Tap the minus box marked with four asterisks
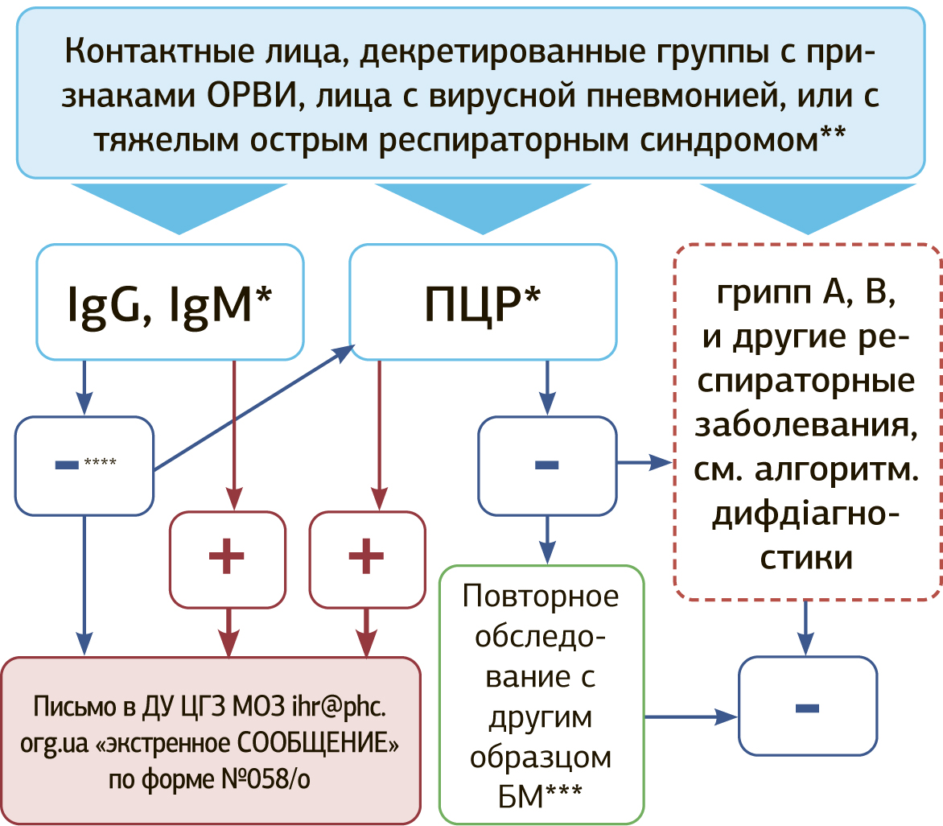[84, 465]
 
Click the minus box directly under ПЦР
[547, 465]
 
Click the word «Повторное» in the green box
[542, 597]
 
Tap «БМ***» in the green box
[542, 798]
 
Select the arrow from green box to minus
[692, 716]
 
